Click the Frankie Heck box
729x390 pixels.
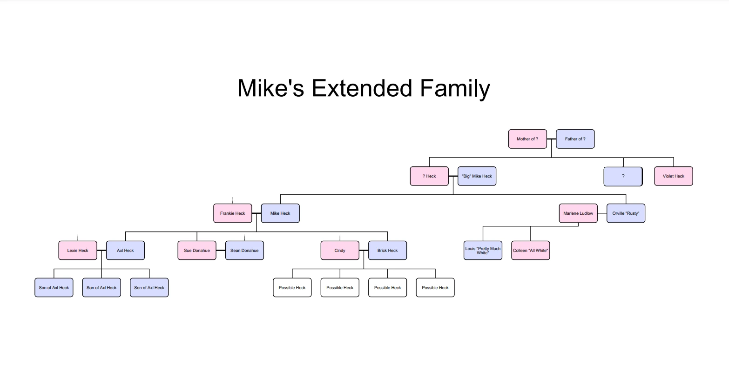(x=232, y=213)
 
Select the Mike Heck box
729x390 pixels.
(x=280, y=213)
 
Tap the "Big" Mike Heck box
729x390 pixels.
(x=477, y=176)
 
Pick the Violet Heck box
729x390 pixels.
(x=673, y=176)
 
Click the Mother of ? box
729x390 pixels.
(x=527, y=139)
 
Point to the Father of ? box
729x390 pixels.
(x=575, y=139)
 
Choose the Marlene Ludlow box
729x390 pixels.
(x=578, y=213)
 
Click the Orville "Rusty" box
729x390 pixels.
(x=626, y=213)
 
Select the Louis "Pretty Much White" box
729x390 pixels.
(x=483, y=251)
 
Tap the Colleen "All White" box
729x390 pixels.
(x=530, y=251)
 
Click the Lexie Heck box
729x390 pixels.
(x=78, y=251)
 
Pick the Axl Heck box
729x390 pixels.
(x=125, y=251)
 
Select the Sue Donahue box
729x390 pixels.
(x=197, y=251)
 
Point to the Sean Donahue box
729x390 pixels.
(x=244, y=251)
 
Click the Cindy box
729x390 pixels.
(x=340, y=251)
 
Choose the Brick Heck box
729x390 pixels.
(x=387, y=251)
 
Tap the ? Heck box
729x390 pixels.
(x=429, y=176)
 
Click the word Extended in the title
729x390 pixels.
(x=362, y=88)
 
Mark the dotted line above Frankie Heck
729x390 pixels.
(x=233, y=200)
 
